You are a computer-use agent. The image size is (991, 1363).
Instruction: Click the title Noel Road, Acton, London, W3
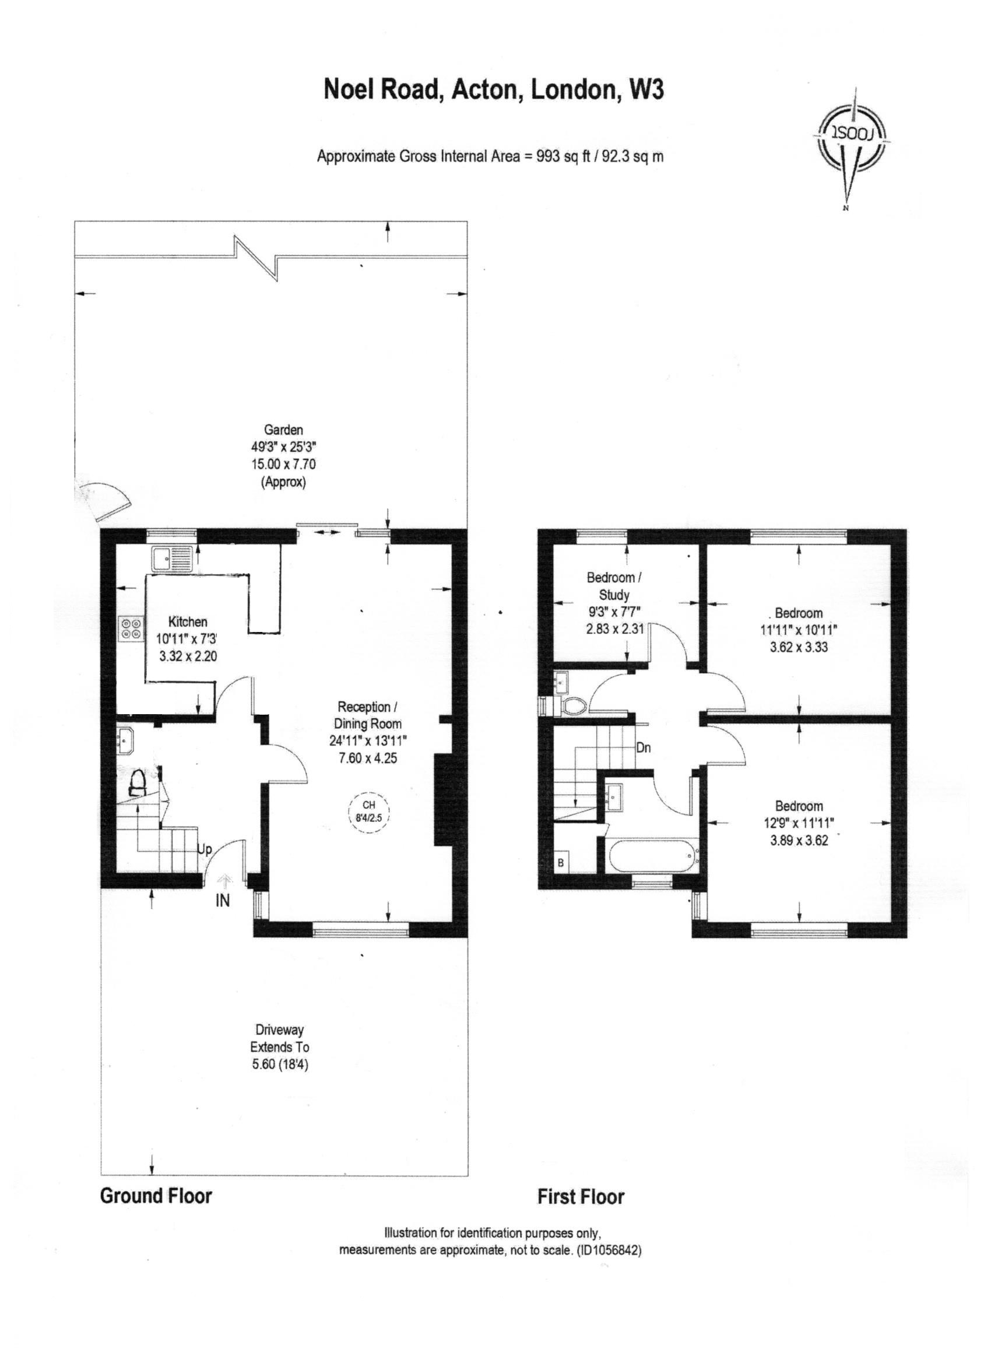[493, 90]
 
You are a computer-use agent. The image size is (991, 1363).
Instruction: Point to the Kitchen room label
[188, 621]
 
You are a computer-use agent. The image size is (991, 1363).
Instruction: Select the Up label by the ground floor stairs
[205, 850]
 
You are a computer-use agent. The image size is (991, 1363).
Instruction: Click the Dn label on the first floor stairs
[643, 748]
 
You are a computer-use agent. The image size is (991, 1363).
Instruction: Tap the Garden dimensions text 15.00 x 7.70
[284, 464]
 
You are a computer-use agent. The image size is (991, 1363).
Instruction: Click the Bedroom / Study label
[614, 586]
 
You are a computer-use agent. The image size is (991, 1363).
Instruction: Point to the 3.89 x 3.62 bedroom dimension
[799, 841]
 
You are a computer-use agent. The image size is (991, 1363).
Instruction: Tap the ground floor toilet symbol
[138, 782]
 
